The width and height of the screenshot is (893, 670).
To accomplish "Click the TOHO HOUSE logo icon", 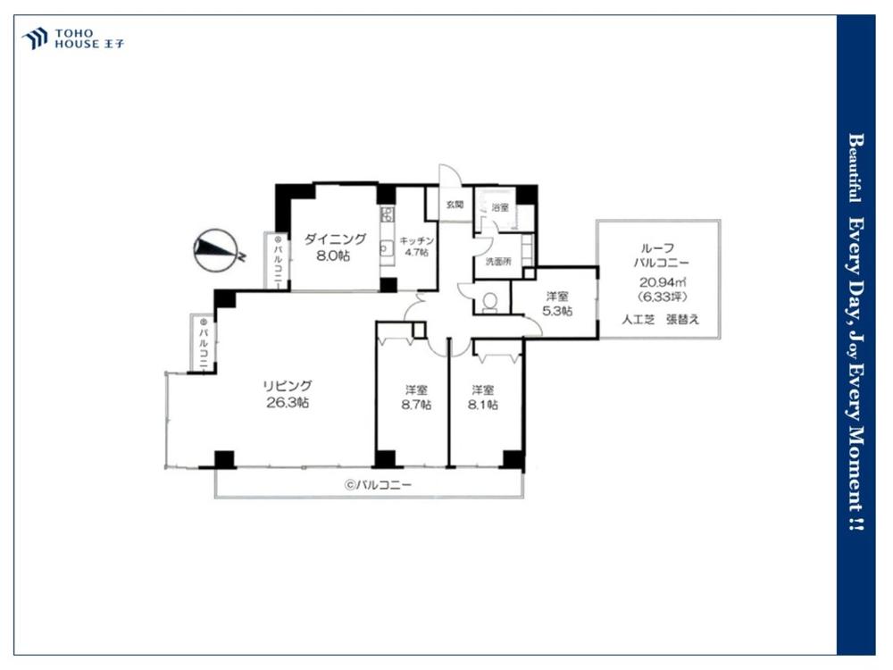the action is point(34,38).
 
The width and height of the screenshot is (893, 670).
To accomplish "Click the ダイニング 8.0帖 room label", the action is point(334,247).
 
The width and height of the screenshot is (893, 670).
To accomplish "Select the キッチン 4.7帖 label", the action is point(416,247).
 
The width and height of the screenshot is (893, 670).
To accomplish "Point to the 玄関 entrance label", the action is point(455,205).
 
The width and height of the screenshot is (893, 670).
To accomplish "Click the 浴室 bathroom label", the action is point(500,208).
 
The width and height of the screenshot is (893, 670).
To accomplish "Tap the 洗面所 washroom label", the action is point(497,262).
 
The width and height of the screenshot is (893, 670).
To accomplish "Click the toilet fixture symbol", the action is point(489,302).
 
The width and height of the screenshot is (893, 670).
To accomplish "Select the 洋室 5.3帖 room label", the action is point(557,304).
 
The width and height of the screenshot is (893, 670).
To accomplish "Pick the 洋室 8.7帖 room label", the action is point(416,398).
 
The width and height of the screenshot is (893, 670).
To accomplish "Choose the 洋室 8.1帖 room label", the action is point(483,398).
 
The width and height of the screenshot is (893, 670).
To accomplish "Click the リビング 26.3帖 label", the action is point(288,394).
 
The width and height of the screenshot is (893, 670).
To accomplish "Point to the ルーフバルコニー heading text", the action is point(661,255).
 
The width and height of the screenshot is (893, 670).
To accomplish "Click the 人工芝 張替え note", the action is point(660,319).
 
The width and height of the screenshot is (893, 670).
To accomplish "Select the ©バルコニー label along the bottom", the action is point(377,485).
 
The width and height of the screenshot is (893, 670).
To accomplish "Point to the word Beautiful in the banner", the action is point(855,168).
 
